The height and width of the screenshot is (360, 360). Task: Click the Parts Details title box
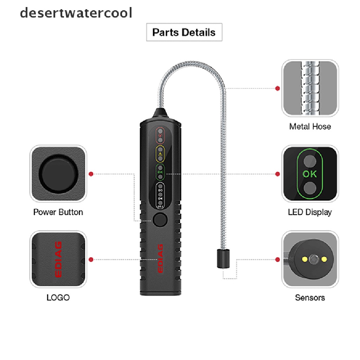184,32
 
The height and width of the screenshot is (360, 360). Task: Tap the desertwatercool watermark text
76,13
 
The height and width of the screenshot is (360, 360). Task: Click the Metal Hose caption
310,126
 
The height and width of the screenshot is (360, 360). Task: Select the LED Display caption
309,212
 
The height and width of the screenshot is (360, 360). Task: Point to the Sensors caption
310,298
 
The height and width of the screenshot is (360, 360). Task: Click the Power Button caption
58,212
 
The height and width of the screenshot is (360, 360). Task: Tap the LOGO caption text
58,298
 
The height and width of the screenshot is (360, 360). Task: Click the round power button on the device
160,220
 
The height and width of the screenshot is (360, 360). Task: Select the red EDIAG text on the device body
160,258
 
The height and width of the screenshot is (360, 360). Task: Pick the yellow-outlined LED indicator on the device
160,154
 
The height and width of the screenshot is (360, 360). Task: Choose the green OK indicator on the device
160,172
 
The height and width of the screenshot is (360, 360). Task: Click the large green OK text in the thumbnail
309,174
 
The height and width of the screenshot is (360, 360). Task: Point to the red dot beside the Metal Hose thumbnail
277,88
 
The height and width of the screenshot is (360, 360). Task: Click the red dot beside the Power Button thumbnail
91,174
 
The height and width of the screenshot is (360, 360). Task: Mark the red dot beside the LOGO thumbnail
91,259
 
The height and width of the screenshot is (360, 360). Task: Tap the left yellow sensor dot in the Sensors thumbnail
303,259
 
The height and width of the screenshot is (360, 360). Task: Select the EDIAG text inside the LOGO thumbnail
58,259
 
